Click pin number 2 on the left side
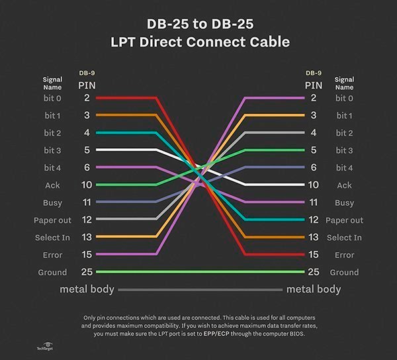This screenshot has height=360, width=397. click(x=87, y=98)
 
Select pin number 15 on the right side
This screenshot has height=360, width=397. click(x=313, y=255)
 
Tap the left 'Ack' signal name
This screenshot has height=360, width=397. click(x=52, y=185)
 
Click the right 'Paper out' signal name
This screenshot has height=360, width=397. click(x=345, y=220)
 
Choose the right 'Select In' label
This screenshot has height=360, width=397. click(x=344, y=238)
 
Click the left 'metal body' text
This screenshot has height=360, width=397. click(x=87, y=289)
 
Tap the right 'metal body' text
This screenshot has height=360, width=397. click(x=313, y=289)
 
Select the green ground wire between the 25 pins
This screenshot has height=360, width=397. click(x=198, y=272)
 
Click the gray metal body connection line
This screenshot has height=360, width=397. click(x=198, y=290)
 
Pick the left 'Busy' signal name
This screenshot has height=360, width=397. click(x=53, y=202)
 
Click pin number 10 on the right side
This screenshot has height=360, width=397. click(x=313, y=185)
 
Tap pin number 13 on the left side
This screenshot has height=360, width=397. click(x=87, y=238)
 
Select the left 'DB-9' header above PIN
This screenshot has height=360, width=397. click(x=87, y=73)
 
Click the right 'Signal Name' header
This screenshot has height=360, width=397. click(x=344, y=83)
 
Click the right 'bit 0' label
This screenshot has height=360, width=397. click(x=344, y=98)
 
